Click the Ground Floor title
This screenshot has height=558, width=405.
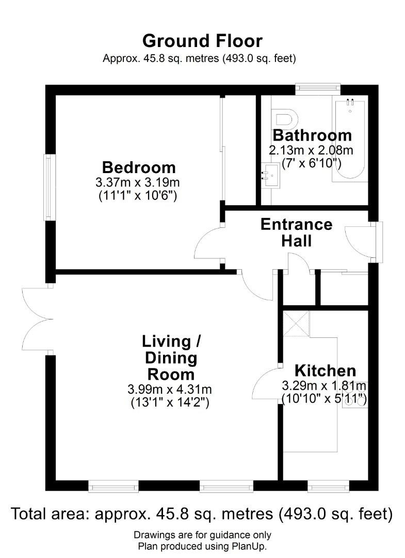coord(202,41)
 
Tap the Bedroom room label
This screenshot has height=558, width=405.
coord(139,167)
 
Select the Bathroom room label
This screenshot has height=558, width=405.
coord(312,135)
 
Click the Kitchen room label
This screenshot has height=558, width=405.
coord(325,370)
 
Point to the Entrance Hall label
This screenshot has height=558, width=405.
coord(296,233)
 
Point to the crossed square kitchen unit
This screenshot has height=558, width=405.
coord(296,324)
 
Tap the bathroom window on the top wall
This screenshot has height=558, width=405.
coord(318,90)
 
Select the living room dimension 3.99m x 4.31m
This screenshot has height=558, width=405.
coord(170,389)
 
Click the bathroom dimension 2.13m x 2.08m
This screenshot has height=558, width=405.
coord(311,150)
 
